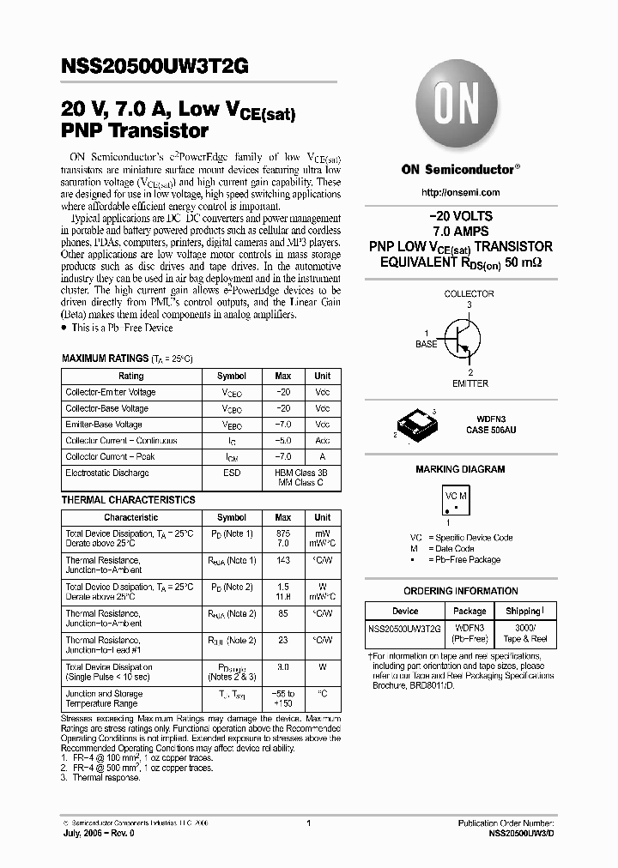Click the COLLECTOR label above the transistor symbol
[469, 294]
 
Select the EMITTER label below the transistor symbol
[470, 383]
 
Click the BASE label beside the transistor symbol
[427, 344]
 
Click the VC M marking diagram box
[456, 503]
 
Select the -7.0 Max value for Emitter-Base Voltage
[282, 425]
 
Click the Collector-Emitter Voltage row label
[111, 392]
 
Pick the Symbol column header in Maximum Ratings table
[231, 376]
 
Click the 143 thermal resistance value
[282, 560]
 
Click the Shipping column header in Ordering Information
[523, 611]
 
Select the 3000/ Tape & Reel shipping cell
[523, 633]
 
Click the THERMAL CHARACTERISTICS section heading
[128, 500]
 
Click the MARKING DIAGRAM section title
[460, 469]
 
